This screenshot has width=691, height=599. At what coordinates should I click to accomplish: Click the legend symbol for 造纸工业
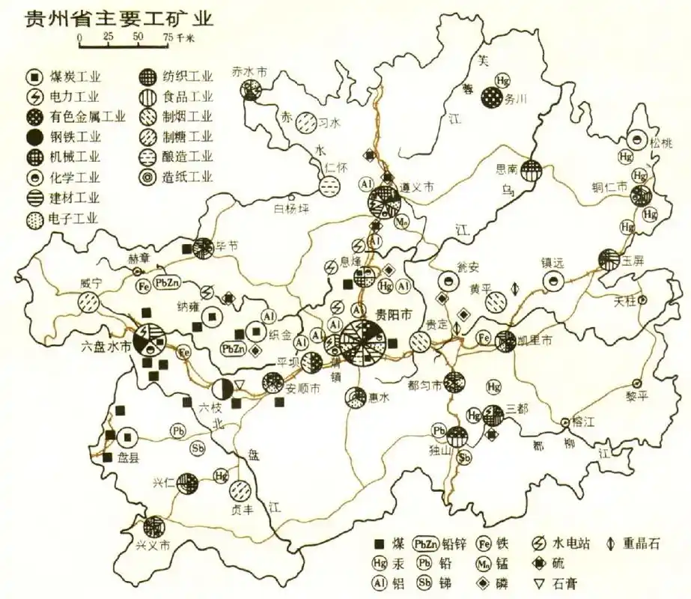147,177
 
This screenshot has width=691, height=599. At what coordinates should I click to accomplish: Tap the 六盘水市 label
106,347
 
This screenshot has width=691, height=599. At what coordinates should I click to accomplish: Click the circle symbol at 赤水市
250,91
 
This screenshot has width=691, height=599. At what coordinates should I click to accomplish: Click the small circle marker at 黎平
637,382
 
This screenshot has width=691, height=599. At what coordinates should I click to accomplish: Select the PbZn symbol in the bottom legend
426,544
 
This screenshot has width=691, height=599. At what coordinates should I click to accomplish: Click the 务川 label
517,97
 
